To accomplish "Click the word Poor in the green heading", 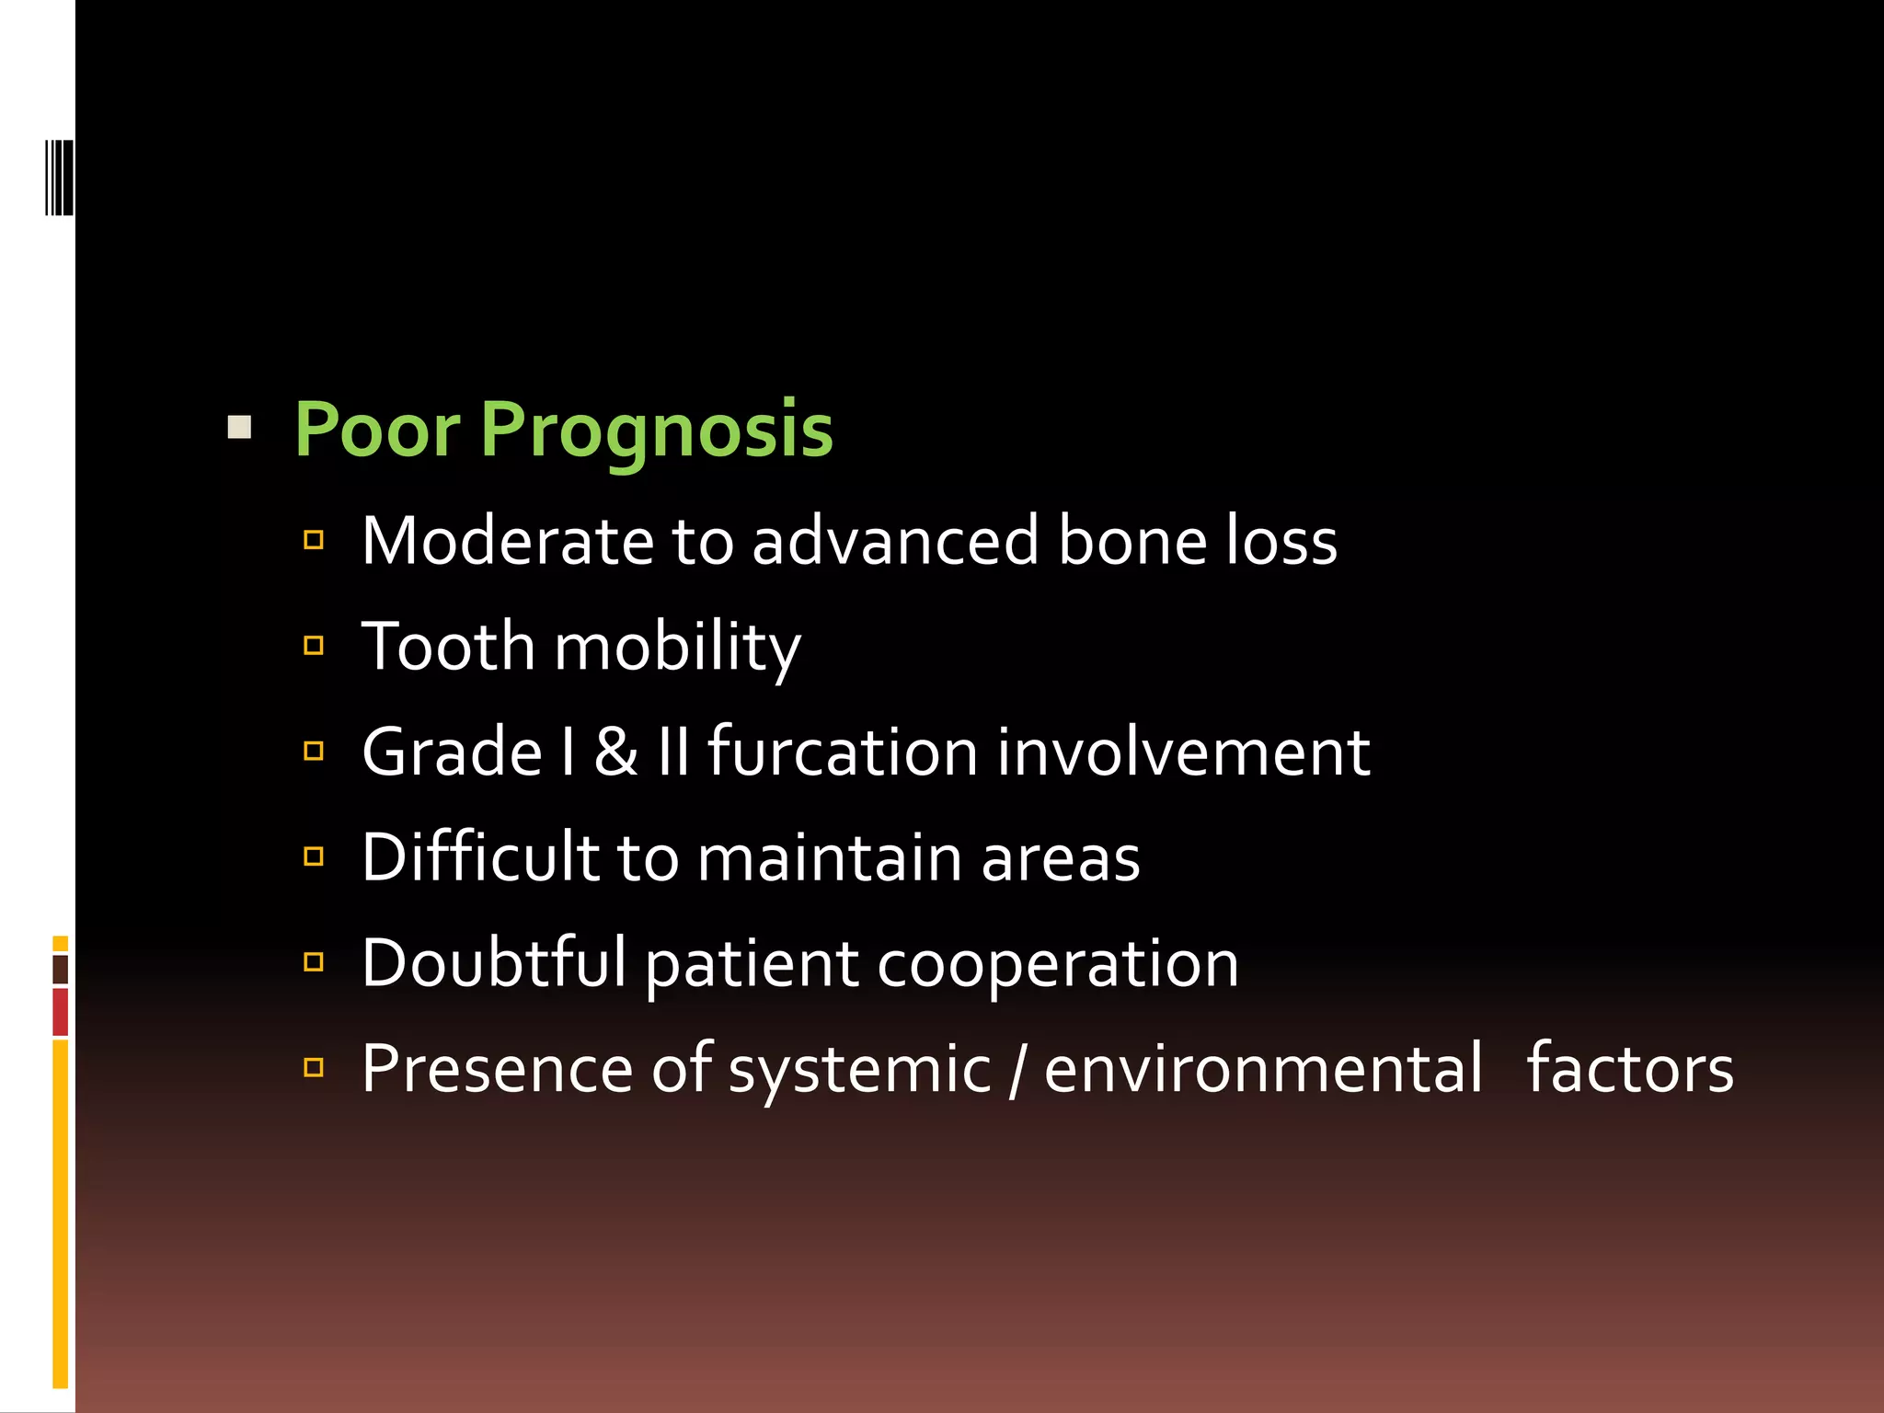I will click(x=376, y=429).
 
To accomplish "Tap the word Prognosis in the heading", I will click(x=656, y=431).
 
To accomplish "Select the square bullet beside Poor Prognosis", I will click(x=239, y=427).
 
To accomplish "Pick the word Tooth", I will click(x=447, y=646).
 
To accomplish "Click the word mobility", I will click(x=678, y=648).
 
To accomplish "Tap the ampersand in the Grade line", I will click(x=615, y=752).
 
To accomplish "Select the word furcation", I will click(x=843, y=752).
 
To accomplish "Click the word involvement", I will click(x=1184, y=752).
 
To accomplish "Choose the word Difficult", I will click(x=480, y=857).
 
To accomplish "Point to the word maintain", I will click(x=829, y=857).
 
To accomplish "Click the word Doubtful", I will click(x=494, y=963).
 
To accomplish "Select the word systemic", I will click(x=859, y=1069).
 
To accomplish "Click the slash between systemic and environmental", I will click(x=1017, y=1069).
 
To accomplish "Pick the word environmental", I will click(x=1263, y=1069).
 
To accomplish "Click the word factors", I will click(x=1630, y=1069).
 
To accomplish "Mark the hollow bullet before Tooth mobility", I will click(x=314, y=646).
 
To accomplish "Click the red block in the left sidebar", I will click(x=61, y=1012).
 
